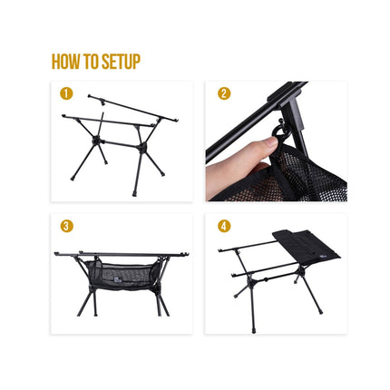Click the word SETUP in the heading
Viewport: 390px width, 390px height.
121,62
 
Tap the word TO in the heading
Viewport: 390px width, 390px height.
92,62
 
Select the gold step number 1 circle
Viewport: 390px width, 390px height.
66,93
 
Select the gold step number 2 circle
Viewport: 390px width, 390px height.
224,93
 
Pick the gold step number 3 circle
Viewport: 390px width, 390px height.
66,226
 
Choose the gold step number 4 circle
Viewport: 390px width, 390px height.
224,226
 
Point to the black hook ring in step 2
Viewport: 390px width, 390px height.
281,134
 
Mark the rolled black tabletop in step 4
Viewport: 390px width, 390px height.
306,246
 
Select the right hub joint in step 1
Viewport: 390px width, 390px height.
141,148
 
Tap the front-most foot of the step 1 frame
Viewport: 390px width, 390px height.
134,194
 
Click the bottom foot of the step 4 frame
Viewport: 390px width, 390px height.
253,331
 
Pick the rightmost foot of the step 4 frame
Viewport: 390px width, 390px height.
320,311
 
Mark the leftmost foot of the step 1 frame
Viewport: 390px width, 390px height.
73,179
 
